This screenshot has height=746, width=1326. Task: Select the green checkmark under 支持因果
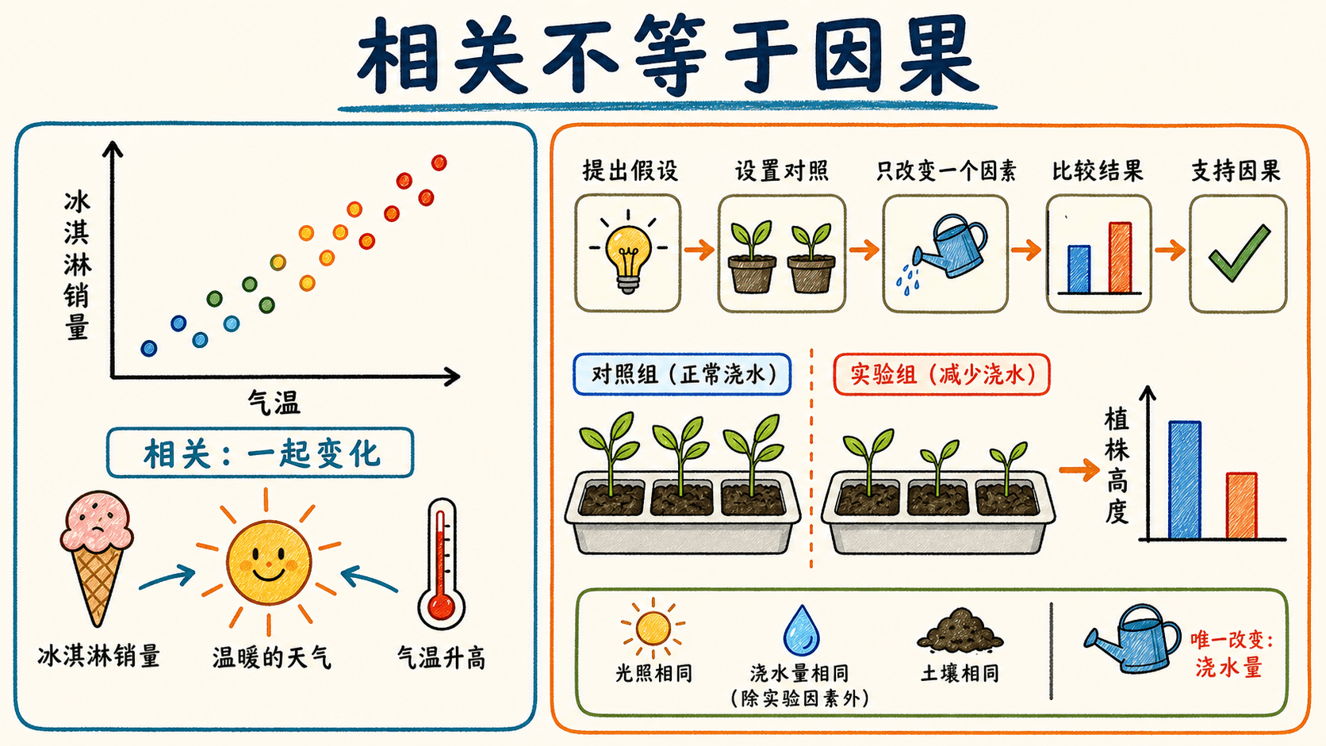tap(1239, 253)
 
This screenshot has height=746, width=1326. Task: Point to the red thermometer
tap(441, 564)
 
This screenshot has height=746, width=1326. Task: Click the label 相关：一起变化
tap(260, 453)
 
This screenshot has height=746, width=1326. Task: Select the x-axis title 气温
tap(274, 403)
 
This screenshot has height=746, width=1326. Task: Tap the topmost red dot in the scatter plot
tap(439, 163)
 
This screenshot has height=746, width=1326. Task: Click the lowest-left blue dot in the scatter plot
tap(148, 349)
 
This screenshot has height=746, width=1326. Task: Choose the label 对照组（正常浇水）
tap(683, 374)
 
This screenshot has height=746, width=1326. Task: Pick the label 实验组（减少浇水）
tap(942, 374)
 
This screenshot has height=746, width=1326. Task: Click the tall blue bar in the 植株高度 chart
tap(1185, 480)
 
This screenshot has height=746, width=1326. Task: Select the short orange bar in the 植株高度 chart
tap(1241, 506)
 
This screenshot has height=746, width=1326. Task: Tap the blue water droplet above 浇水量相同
tap(801, 630)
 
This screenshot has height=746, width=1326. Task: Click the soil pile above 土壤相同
tap(960, 630)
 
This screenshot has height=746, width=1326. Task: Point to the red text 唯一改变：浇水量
tap(1232, 654)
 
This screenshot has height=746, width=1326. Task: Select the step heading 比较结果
tap(1098, 171)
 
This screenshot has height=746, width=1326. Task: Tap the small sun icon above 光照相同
tap(653, 628)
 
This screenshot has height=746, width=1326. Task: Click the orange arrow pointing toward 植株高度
tap(1079, 470)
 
